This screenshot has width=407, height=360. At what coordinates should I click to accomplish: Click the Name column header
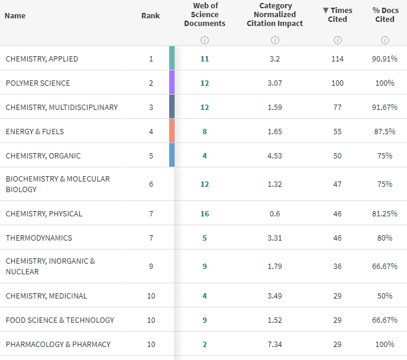(x=15, y=15)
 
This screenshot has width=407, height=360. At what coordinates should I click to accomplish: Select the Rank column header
(x=151, y=15)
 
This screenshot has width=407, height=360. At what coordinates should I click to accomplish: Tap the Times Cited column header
(x=338, y=15)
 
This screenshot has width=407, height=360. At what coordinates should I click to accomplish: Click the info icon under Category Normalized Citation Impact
(x=275, y=40)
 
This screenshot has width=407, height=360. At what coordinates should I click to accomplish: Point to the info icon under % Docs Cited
(x=385, y=40)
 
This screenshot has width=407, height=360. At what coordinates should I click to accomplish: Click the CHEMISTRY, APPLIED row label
(x=42, y=59)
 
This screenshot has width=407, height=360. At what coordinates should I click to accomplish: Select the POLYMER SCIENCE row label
(x=38, y=83)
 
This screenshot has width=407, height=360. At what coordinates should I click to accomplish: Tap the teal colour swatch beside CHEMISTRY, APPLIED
(x=172, y=59)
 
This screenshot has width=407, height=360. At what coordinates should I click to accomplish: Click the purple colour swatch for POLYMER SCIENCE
(x=172, y=83)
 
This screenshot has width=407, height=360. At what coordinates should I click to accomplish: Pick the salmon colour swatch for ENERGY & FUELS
(x=172, y=131)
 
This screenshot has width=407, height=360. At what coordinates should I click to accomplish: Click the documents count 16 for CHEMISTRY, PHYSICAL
(x=205, y=214)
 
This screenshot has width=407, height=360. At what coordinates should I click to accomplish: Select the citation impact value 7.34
(x=274, y=345)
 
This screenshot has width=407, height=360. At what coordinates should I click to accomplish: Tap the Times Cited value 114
(x=337, y=59)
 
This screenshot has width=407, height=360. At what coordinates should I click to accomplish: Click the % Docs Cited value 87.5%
(x=385, y=132)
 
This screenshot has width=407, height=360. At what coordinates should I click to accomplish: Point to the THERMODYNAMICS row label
(x=38, y=238)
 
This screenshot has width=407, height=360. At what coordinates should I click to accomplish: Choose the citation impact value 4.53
(x=274, y=156)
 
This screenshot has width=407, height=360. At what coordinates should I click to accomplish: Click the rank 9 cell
(x=151, y=267)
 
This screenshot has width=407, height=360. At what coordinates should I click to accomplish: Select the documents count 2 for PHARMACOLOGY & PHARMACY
(x=205, y=345)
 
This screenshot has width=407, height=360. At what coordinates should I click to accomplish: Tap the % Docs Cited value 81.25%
(x=385, y=214)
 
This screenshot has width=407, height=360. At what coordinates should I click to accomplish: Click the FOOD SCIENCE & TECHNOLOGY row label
(x=60, y=320)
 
